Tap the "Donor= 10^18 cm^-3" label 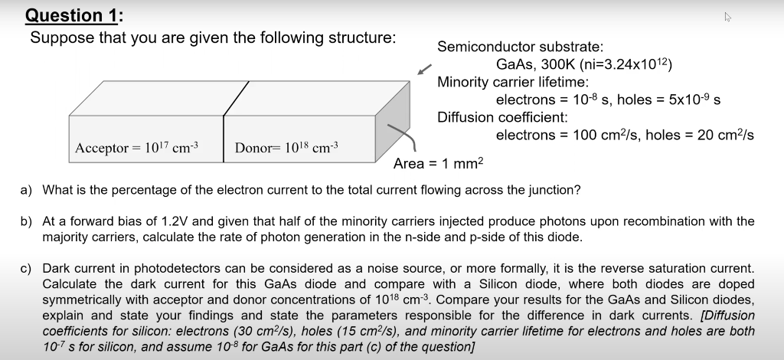pos(286,147)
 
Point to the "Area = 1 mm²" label pos(439,164)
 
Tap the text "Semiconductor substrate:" pos(509,47)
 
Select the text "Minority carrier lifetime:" pos(512,82)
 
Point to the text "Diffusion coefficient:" pos(502,117)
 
